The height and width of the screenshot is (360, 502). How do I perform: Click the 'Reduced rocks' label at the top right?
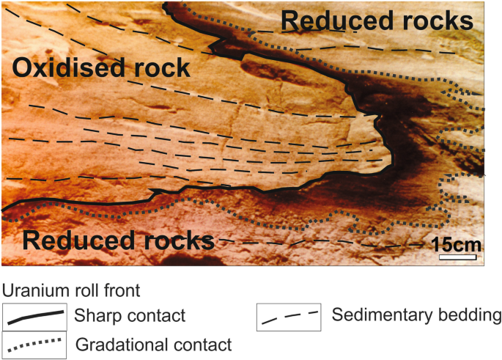[377, 21]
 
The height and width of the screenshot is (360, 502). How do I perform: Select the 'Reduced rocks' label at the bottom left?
[118, 239]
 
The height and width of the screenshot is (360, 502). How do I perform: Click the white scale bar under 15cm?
[459, 257]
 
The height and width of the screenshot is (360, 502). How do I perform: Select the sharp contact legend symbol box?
[34, 317]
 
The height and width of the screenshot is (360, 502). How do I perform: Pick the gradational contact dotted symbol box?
[34, 342]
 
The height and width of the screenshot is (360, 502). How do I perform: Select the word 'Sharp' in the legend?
[95, 317]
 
